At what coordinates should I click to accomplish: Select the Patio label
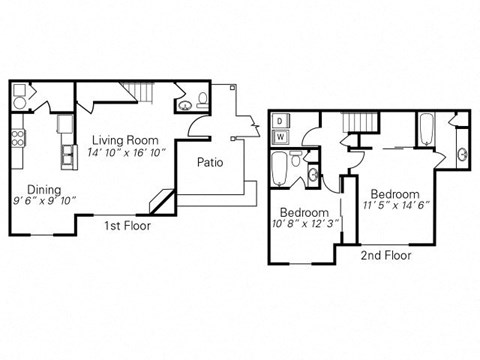(x=210, y=162)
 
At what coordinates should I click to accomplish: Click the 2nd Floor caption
(x=386, y=255)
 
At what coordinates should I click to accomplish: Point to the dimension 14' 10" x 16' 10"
(x=121, y=153)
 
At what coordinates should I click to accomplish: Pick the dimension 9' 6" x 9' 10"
(x=43, y=199)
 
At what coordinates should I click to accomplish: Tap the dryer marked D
(x=280, y=120)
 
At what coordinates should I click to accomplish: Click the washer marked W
(x=280, y=136)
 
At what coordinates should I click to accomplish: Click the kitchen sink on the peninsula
(x=68, y=155)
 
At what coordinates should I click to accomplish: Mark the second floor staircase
(x=357, y=124)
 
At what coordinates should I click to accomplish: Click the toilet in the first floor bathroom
(x=202, y=98)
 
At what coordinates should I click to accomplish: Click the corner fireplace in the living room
(x=160, y=200)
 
